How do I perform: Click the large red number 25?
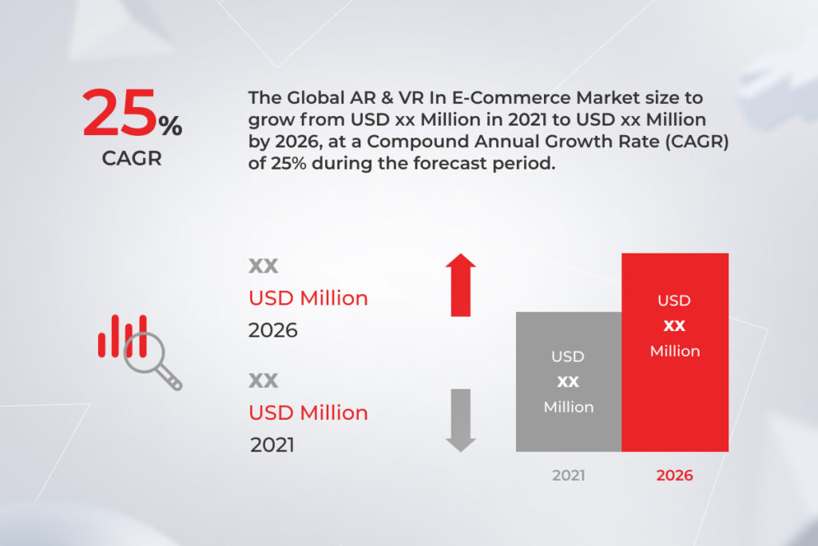[119, 114]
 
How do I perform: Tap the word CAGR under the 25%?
[131, 158]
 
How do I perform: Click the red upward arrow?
[460, 285]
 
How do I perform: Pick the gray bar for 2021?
[568, 381]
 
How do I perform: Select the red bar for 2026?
[675, 352]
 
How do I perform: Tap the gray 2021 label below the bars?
[568, 475]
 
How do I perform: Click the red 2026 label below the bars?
[674, 475]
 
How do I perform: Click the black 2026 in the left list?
[272, 330]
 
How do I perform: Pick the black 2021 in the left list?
[272, 444]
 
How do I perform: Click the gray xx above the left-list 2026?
[264, 265]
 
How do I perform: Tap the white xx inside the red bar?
[674, 326]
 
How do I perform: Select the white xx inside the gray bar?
[568, 381]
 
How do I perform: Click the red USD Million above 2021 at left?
[308, 412]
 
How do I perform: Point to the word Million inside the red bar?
[674, 351]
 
